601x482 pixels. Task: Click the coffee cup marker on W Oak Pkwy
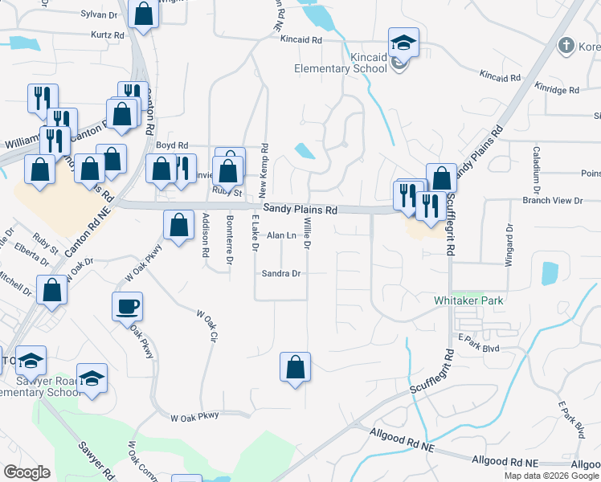[x=128, y=306]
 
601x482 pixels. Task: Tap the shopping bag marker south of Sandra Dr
[x=296, y=367]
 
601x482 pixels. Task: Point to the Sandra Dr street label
[x=280, y=273]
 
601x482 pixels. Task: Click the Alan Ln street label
[x=281, y=235]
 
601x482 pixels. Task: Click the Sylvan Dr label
[x=99, y=14]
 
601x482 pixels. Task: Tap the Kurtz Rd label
[x=108, y=35]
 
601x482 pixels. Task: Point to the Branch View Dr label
[x=552, y=199]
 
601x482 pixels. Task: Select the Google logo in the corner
[x=26, y=472]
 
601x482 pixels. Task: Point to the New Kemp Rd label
[x=264, y=170]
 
